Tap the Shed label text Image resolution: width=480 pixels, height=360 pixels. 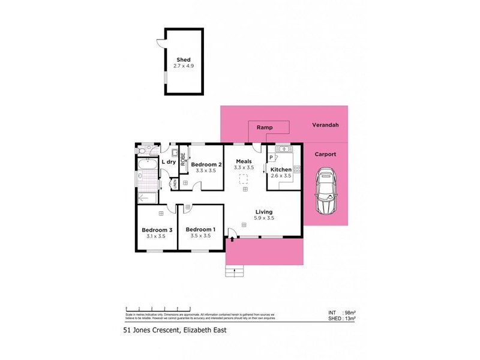pyautogui.click(x=183, y=60)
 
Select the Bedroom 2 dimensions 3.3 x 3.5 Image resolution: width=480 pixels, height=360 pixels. pyautogui.click(x=207, y=170)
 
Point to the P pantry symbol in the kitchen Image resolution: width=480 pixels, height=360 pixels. pyautogui.click(x=271, y=157)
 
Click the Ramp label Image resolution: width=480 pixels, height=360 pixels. pyautogui.click(x=265, y=128)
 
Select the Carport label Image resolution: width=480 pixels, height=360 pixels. pyautogui.click(x=326, y=154)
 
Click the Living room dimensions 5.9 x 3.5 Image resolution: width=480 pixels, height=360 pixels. pyautogui.click(x=264, y=218)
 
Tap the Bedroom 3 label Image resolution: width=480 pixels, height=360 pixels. pyautogui.click(x=157, y=230)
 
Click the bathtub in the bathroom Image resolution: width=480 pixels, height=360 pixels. pyautogui.click(x=147, y=166)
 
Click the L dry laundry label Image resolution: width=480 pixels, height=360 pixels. pyautogui.click(x=168, y=162)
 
